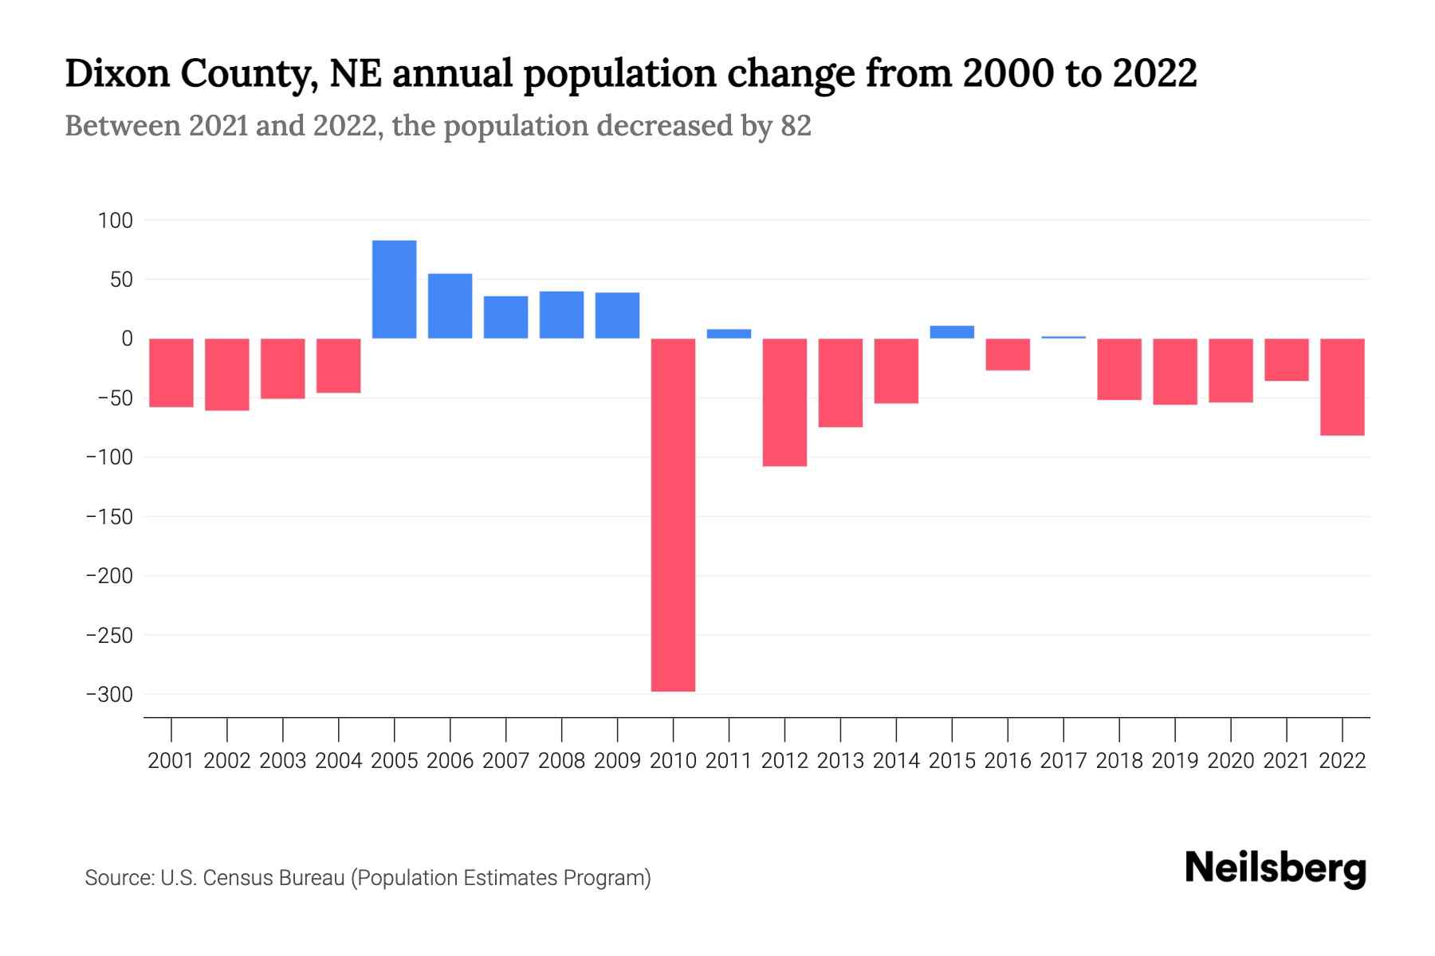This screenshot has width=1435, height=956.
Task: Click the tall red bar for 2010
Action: click(x=673, y=515)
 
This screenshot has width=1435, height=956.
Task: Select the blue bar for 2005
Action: click(x=394, y=289)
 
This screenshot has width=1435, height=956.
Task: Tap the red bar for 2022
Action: click(x=1342, y=386)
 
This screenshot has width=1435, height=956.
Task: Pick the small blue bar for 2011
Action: click(x=729, y=334)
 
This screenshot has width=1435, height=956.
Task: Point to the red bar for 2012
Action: click(x=784, y=402)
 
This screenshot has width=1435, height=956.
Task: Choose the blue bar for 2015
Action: click(x=952, y=332)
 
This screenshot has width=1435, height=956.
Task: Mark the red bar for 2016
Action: click(x=1008, y=355)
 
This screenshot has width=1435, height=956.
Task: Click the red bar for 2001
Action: click(x=171, y=373)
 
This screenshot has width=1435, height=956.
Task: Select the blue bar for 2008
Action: click(x=561, y=315)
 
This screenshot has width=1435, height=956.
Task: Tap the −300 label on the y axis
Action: click(x=109, y=695)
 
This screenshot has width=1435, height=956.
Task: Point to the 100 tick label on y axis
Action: click(x=116, y=221)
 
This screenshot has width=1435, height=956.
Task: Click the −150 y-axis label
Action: click(x=109, y=517)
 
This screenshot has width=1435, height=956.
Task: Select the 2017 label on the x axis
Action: click(x=1063, y=761)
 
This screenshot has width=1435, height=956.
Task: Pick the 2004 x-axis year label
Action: click(x=339, y=761)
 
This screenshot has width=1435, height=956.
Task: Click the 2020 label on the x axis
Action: click(x=1230, y=761)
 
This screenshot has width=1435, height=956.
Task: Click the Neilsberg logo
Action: click(x=1275, y=868)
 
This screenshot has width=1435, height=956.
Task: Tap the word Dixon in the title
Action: click(x=116, y=74)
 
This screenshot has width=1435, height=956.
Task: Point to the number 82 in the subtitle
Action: click(x=796, y=126)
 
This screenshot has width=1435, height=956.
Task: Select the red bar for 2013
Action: click(x=840, y=382)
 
